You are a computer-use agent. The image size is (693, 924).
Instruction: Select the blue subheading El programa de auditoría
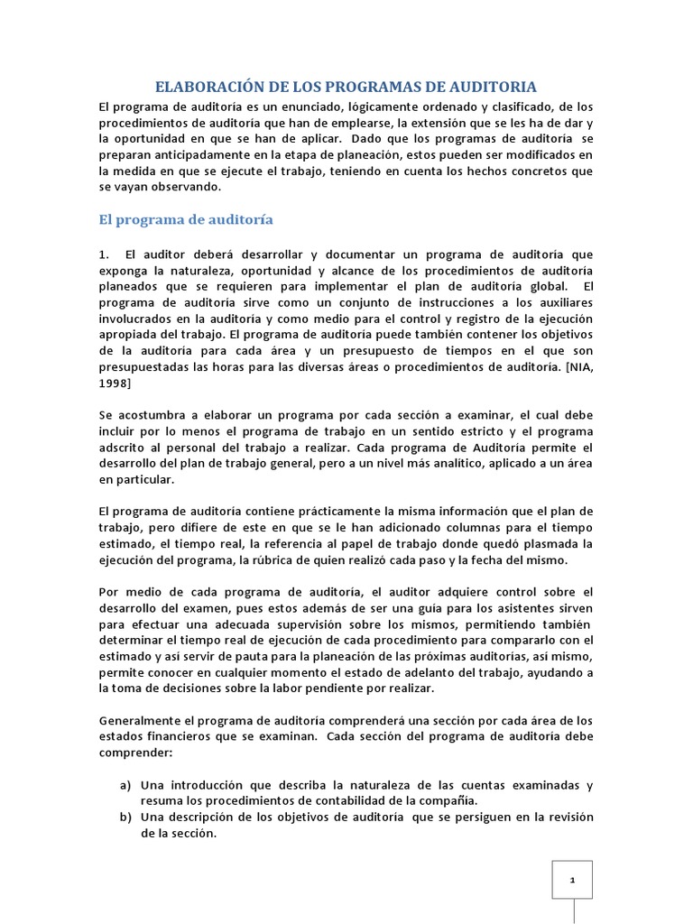185,219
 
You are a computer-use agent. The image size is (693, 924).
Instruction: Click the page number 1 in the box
572,880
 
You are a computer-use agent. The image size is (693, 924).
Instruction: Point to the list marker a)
126,785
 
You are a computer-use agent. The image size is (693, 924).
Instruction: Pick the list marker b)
126,817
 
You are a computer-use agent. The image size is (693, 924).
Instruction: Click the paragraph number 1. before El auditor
105,255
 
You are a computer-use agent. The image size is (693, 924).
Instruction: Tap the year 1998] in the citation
115,384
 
